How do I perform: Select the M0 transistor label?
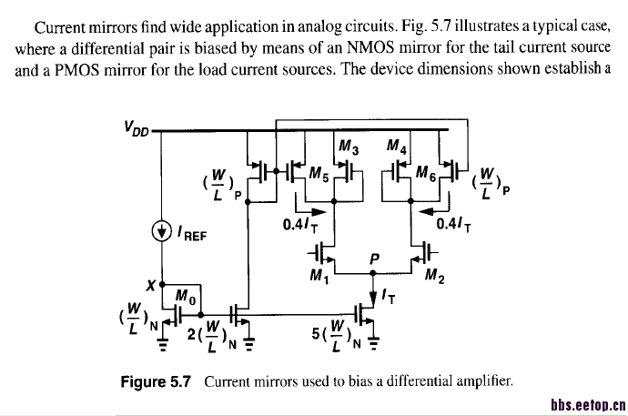(x=183, y=296)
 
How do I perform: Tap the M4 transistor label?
(x=397, y=147)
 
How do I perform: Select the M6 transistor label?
(x=425, y=173)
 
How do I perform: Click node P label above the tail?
(x=374, y=258)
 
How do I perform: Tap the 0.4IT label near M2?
(x=453, y=223)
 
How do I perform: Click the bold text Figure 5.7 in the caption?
(x=156, y=383)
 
